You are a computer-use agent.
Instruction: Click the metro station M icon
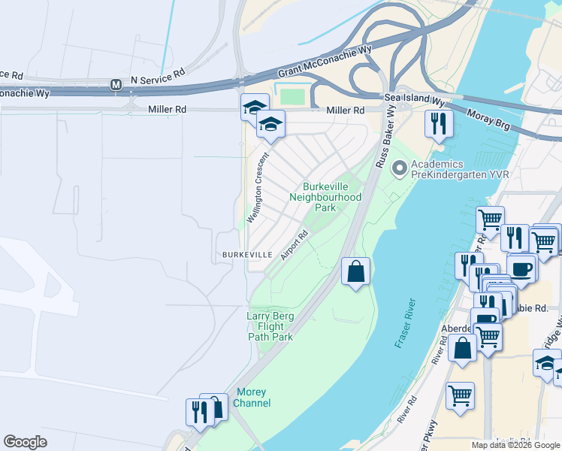click(x=116, y=85)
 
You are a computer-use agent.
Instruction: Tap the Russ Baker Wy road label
click(x=386, y=136)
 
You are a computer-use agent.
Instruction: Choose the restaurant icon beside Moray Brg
click(x=437, y=122)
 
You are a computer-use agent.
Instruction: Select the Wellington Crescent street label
click(x=257, y=188)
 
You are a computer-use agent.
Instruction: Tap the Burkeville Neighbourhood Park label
click(x=325, y=197)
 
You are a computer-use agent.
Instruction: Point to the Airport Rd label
click(x=295, y=245)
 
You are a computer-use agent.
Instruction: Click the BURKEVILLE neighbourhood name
click(x=246, y=255)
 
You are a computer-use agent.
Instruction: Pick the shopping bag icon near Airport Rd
click(x=355, y=271)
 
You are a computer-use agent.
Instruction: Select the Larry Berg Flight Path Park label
click(x=270, y=326)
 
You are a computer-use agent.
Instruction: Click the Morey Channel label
click(x=252, y=398)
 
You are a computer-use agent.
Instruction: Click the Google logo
click(x=25, y=442)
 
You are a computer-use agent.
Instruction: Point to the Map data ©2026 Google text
click(x=515, y=445)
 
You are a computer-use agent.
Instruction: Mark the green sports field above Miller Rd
click(x=293, y=97)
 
